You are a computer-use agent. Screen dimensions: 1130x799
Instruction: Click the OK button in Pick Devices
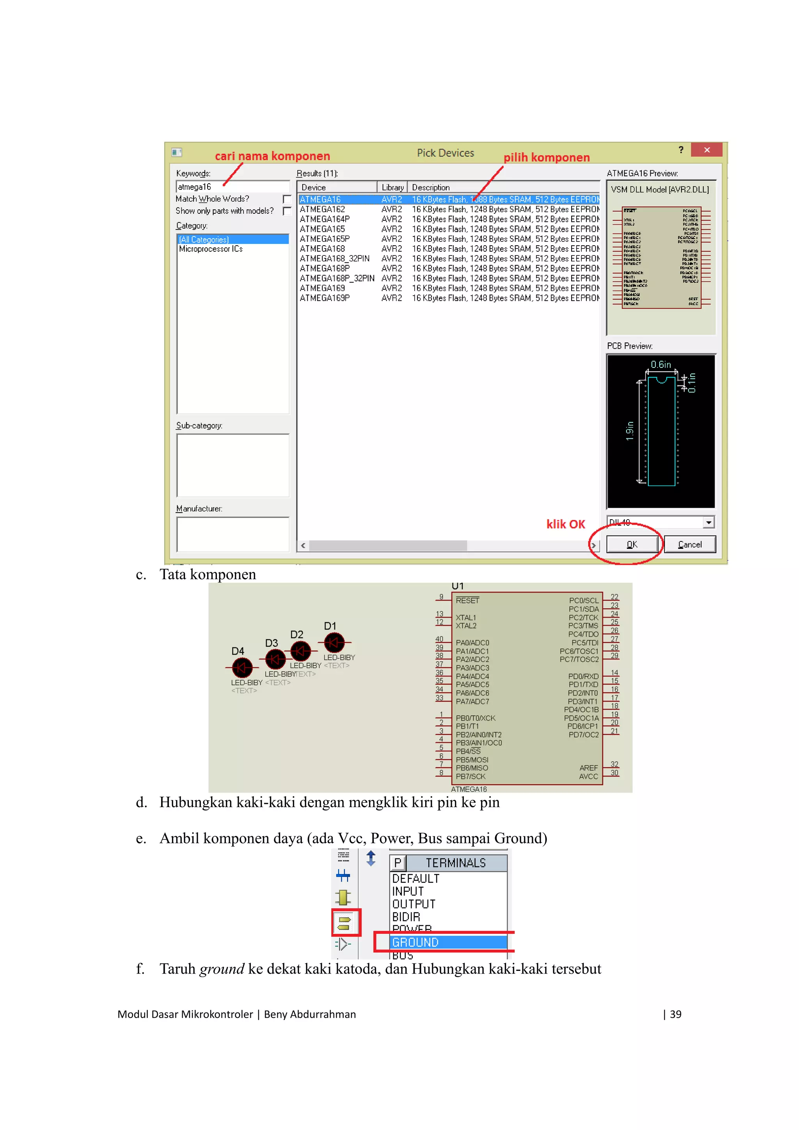pyautogui.click(x=632, y=545)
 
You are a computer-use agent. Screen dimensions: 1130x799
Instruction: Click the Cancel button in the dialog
pyautogui.click(x=689, y=545)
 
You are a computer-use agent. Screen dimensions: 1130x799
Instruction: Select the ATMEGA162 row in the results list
pyautogui.click(x=323, y=209)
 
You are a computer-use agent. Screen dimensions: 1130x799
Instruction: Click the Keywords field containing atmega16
pyautogui.click(x=233, y=186)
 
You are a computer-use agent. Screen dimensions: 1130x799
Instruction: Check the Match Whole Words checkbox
pyautogui.click(x=287, y=199)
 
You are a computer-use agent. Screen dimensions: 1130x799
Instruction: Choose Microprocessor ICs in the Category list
pyautogui.click(x=211, y=249)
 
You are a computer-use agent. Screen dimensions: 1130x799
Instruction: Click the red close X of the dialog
pyautogui.click(x=707, y=150)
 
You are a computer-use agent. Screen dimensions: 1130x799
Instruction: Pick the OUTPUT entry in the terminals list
pyautogui.click(x=414, y=904)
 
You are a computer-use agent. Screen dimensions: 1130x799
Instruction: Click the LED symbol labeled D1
pyautogui.click(x=334, y=642)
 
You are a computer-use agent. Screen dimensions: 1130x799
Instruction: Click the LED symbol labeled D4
pyautogui.click(x=242, y=668)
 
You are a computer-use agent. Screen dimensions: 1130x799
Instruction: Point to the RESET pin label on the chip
pyautogui.click(x=467, y=600)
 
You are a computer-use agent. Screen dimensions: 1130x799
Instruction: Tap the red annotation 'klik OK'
pyautogui.click(x=566, y=524)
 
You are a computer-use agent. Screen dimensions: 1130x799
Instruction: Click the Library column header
pyautogui.click(x=392, y=188)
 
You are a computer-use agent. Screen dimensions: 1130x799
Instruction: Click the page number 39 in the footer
pyautogui.click(x=675, y=1014)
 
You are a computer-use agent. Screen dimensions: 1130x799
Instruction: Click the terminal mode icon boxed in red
pyautogui.click(x=346, y=922)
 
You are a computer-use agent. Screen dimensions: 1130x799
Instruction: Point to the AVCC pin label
pyautogui.click(x=588, y=777)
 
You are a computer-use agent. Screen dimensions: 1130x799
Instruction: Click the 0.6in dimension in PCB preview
pyautogui.click(x=661, y=365)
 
